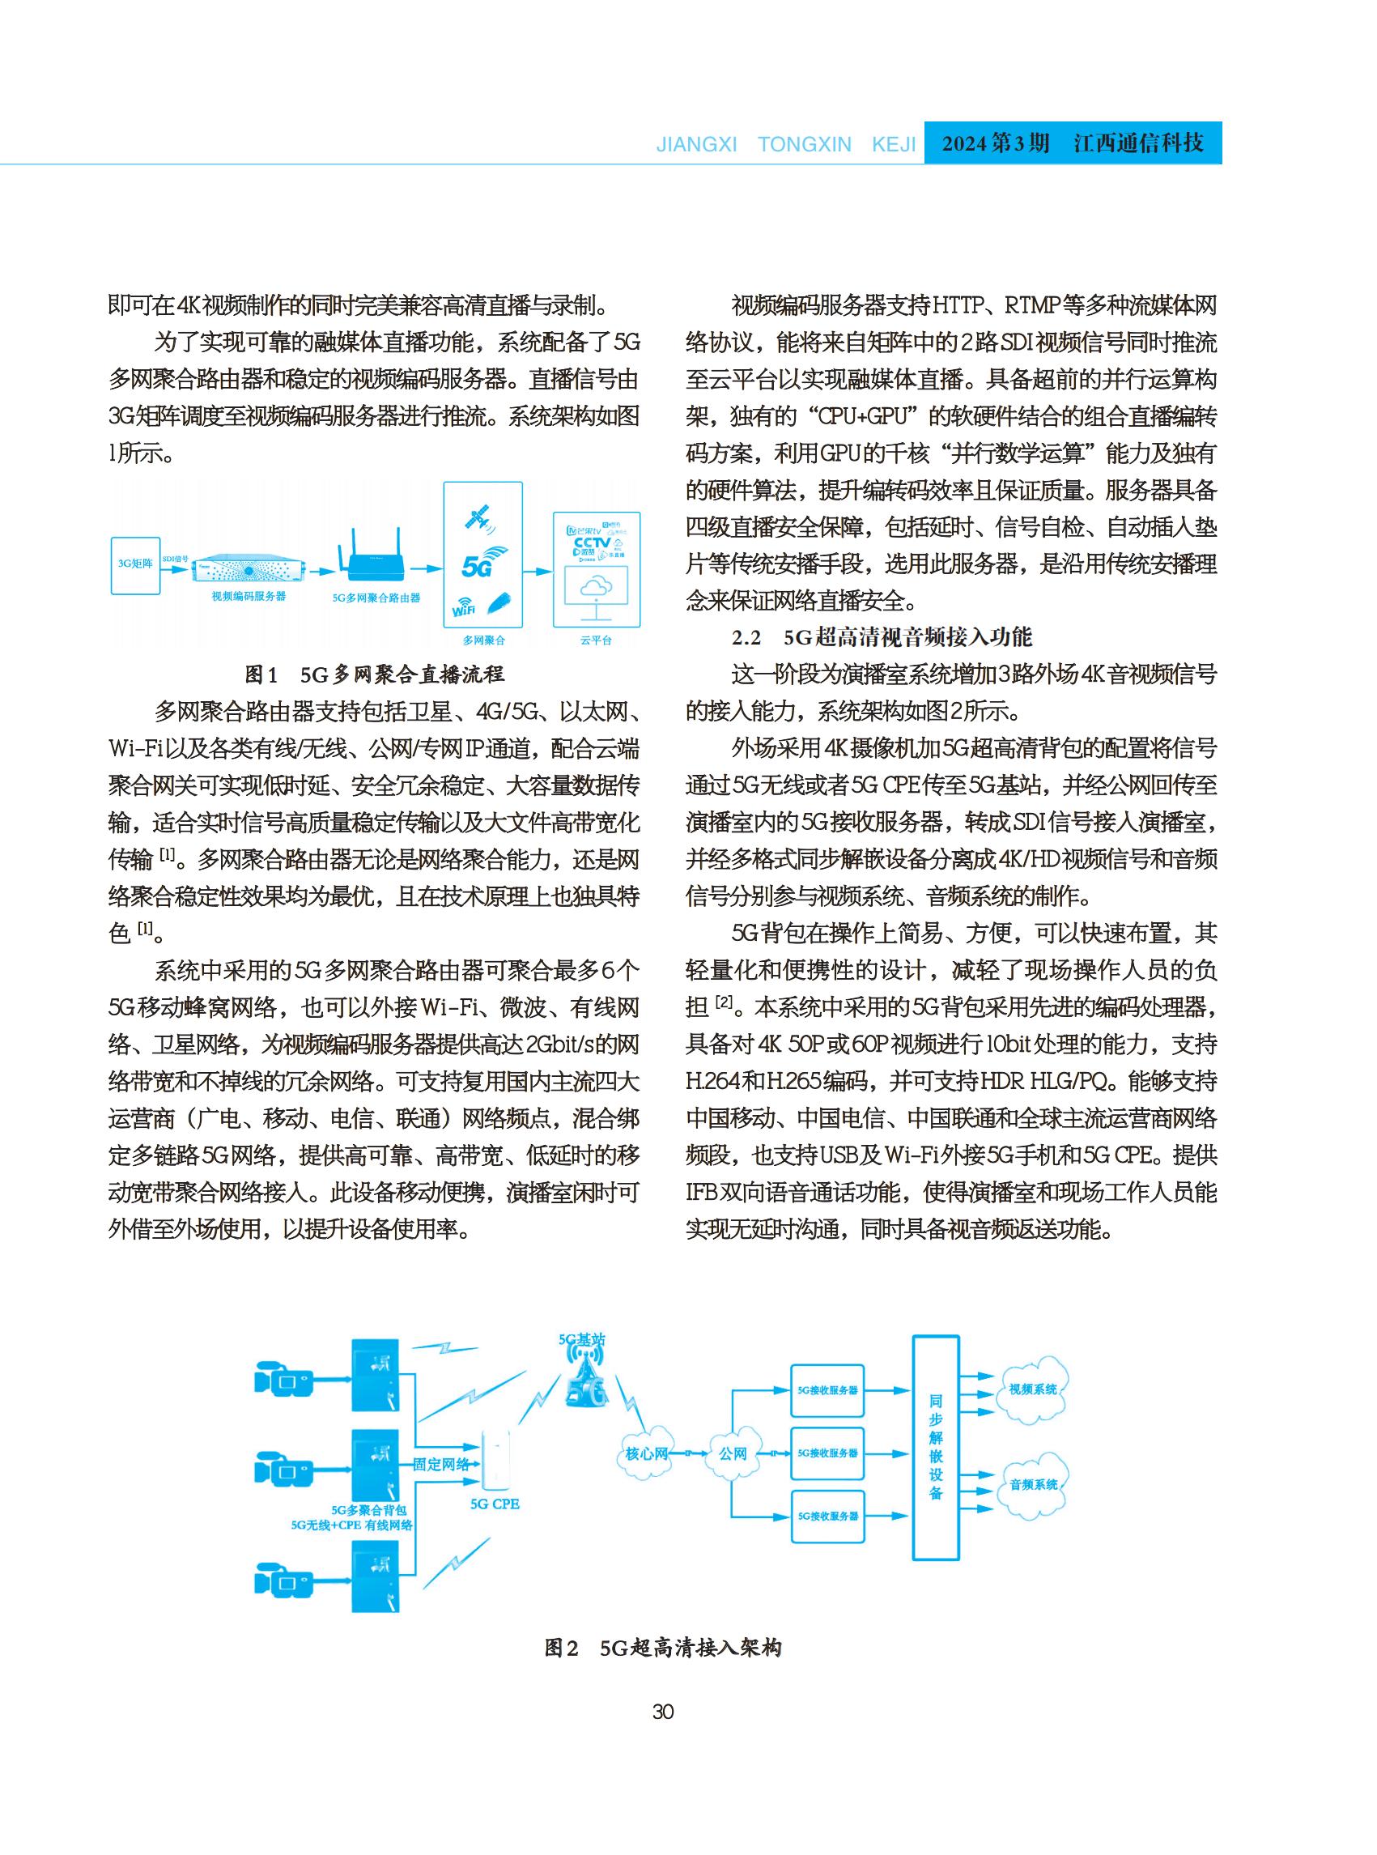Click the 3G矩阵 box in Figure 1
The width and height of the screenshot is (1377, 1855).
tap(136, 565)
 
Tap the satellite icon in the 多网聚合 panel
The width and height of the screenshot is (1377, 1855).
tap(481, 518)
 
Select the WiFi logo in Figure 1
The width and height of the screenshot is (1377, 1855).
tap(465, 608)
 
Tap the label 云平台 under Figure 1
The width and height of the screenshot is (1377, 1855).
tap(596, 640)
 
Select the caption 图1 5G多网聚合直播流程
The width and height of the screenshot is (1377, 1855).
tap(374, 674)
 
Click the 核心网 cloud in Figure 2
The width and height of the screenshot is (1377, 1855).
tap(648, 1453)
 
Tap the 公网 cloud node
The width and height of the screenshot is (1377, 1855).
tap(733, 1453)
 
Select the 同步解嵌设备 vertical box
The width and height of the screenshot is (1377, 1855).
tap(935, 1446)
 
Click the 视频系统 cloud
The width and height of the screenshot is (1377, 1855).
tap(1033, 1389)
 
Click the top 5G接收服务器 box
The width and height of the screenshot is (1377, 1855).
tap(827, 1389)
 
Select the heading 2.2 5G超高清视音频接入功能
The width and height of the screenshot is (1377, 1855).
tap(882, 637)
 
